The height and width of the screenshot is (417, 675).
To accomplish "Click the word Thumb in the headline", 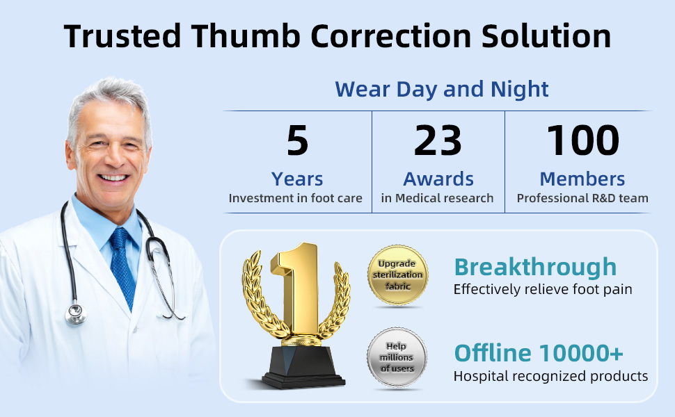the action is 246,36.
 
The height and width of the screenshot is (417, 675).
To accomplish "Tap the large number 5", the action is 297,140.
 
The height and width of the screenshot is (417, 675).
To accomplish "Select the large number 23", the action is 438,140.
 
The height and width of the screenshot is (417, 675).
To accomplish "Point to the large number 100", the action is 583,140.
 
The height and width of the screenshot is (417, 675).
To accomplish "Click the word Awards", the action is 438,179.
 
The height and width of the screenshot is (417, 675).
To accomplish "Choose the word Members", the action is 582,179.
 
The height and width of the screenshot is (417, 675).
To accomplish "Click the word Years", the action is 297,179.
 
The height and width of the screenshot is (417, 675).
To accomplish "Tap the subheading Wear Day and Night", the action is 442,90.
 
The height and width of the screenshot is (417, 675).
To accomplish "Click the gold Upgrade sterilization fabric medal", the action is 398,275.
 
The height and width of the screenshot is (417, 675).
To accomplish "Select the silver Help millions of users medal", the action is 397,358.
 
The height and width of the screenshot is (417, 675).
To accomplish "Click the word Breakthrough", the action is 536,267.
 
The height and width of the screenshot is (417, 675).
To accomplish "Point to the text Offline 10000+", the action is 539,353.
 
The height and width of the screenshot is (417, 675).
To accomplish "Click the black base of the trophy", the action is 303,368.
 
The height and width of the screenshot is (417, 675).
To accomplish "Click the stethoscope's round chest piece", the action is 76,314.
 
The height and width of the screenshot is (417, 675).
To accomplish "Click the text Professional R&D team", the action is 582,198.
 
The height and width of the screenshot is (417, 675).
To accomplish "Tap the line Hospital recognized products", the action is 550,376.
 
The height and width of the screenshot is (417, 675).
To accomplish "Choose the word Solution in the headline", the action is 546,36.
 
